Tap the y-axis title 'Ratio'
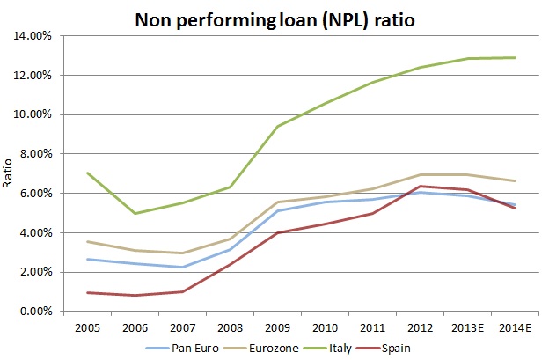pyautogui.click(x=11, y=174)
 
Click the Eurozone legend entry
pyautogui.click(x=279, y=348)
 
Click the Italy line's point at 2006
pyautogui.click(x=135, y=213)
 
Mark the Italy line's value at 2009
pyautogui.click(x=278, y=126)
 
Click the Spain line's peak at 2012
pyautogui.click(x=421, y=186)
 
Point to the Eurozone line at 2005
pyautogui.click(x=87, y=241)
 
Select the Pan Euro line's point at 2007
pyautogui.click(x=182, y=268)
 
